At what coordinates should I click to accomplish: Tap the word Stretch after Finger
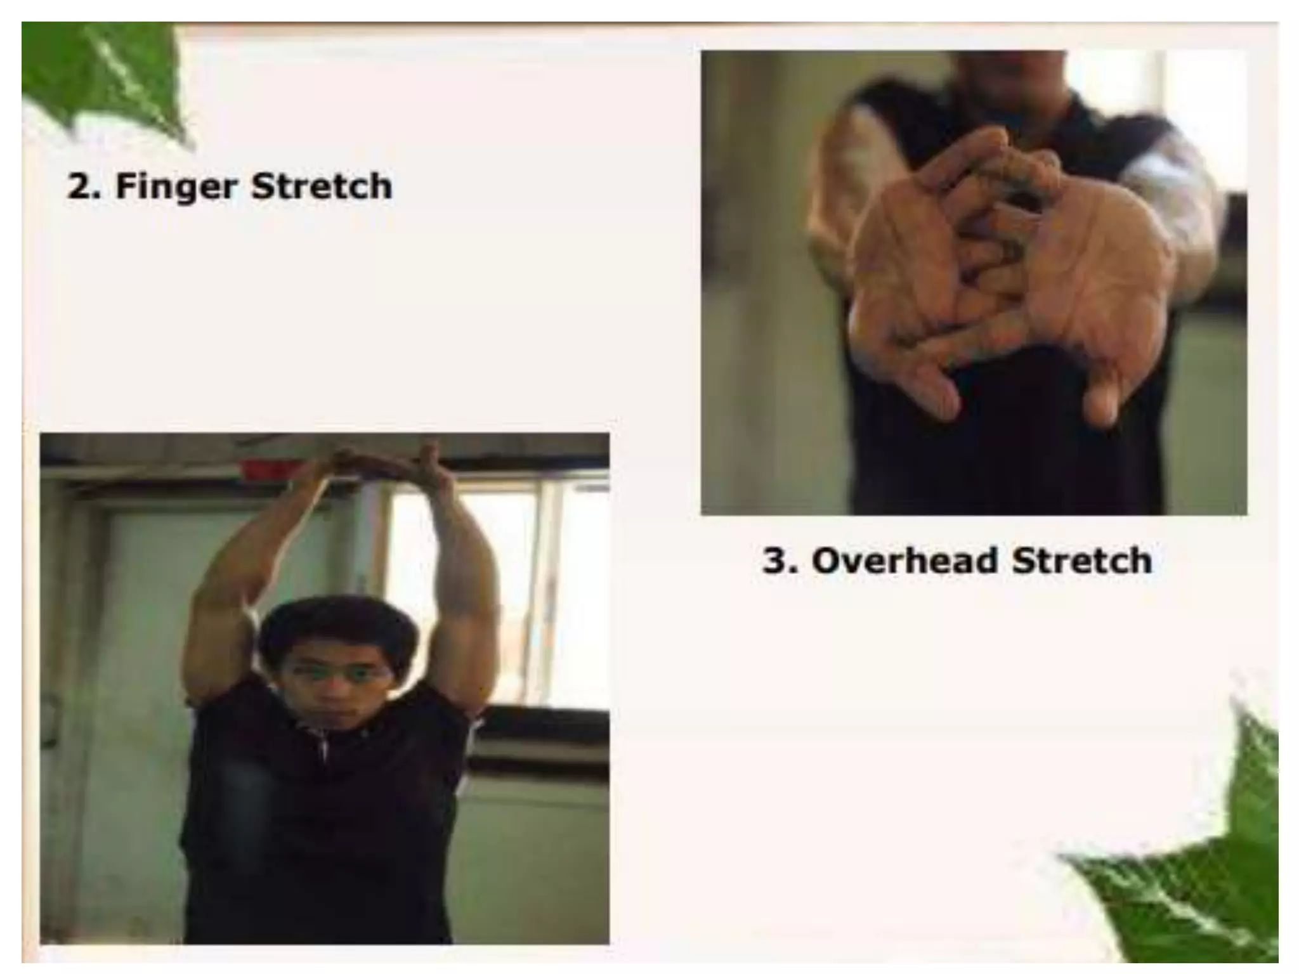point(321,186)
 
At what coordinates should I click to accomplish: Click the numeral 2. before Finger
point(84,186)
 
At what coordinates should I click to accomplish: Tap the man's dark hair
point(336,625)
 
